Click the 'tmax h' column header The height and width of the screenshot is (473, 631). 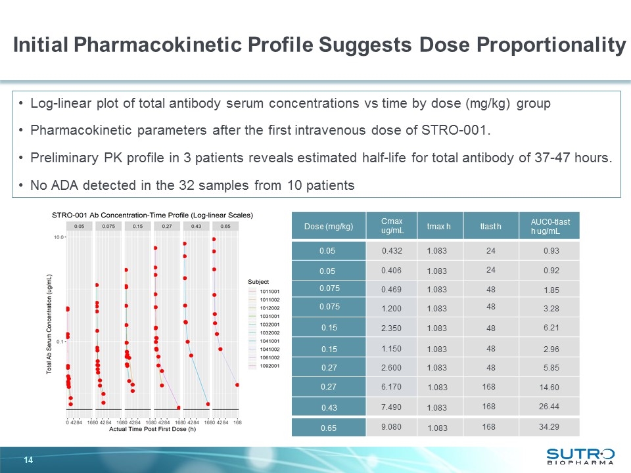(x=438, y=227)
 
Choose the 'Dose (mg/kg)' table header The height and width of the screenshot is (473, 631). (x=327, y=227)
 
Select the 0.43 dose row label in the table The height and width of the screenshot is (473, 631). (x=327, y=407)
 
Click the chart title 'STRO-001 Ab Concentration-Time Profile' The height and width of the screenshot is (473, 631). (x=152, y=215)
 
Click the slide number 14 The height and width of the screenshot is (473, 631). (x=28, y=459)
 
